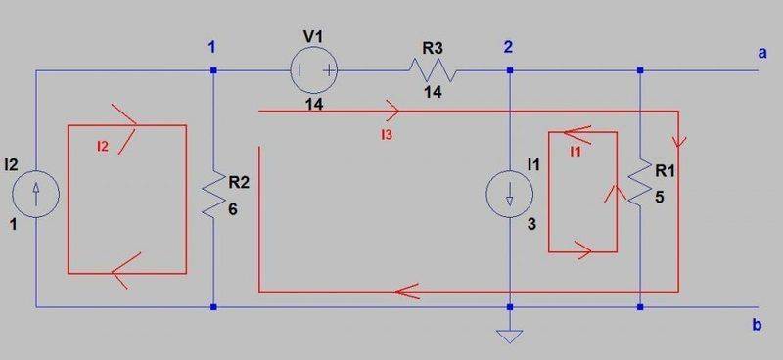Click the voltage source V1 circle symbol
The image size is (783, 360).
point(315,70)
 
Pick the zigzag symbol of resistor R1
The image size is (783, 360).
point(639,183)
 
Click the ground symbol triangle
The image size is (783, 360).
point(510,337)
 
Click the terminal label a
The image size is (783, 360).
point(760,53)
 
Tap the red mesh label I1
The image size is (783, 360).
point(576,152)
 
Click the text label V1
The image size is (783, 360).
point(313,36)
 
